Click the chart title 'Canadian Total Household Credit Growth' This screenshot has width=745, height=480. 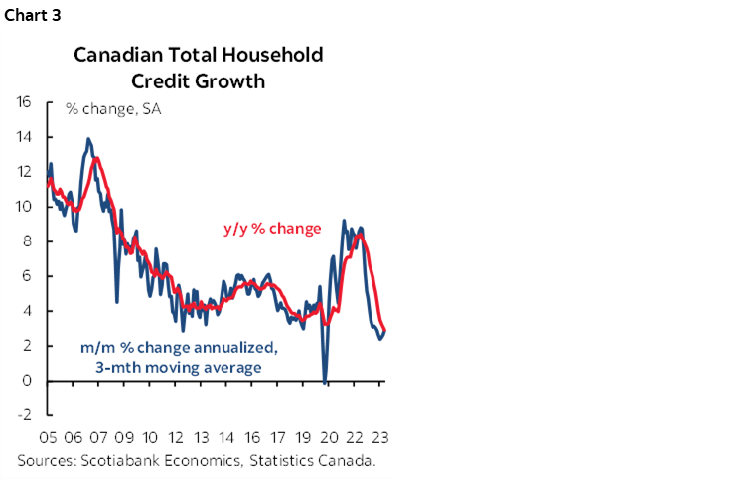(199, 68)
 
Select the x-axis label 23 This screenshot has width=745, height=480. (379, 438)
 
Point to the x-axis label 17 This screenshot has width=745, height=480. (278, 438)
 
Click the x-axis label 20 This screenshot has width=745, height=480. (329, 438)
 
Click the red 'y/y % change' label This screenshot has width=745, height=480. (270, 230)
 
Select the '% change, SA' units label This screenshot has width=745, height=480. (112, 108)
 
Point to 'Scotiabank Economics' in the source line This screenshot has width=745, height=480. (150, 460)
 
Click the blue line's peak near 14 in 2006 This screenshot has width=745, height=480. (88, 139)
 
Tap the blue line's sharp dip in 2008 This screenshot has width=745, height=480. (117, 301)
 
